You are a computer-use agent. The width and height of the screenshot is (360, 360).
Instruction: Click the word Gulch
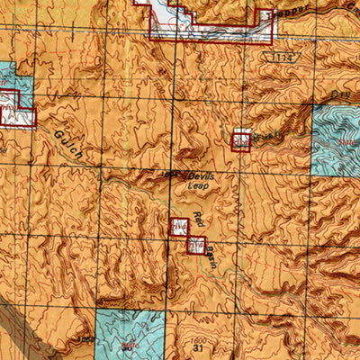point(67,141)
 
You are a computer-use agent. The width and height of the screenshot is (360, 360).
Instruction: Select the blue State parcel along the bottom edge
point(128,334)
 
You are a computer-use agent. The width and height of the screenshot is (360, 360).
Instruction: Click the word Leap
point(199,186)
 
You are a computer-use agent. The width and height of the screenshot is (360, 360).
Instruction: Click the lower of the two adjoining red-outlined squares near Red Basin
point(196,244)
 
